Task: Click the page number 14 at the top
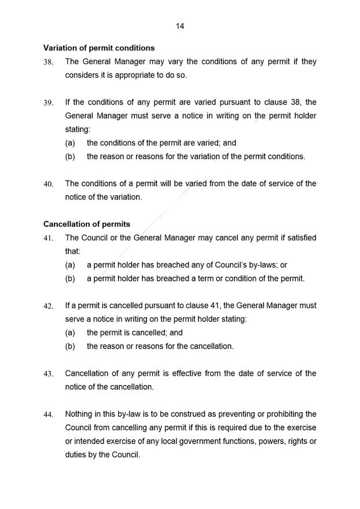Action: click(x=180, y=26)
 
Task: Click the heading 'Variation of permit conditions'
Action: click(x=99, y=48)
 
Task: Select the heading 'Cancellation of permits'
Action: click(x=87, y=224)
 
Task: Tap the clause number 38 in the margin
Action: click(x=49, y=63)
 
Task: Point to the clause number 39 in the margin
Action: click(x=49, y=103)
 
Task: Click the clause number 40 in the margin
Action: click(x=49, y=184)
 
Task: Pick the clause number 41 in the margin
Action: click(x=49, y=239)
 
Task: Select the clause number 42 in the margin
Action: click(x=49, y=306)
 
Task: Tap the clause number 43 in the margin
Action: click(x=49, y=374)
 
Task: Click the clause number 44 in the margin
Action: click(x=49, y=415)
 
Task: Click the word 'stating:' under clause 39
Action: click(x=78, y=129)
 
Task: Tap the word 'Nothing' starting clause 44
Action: click(x=82, y=414)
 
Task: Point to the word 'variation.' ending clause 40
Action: click(x=123, y=197)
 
